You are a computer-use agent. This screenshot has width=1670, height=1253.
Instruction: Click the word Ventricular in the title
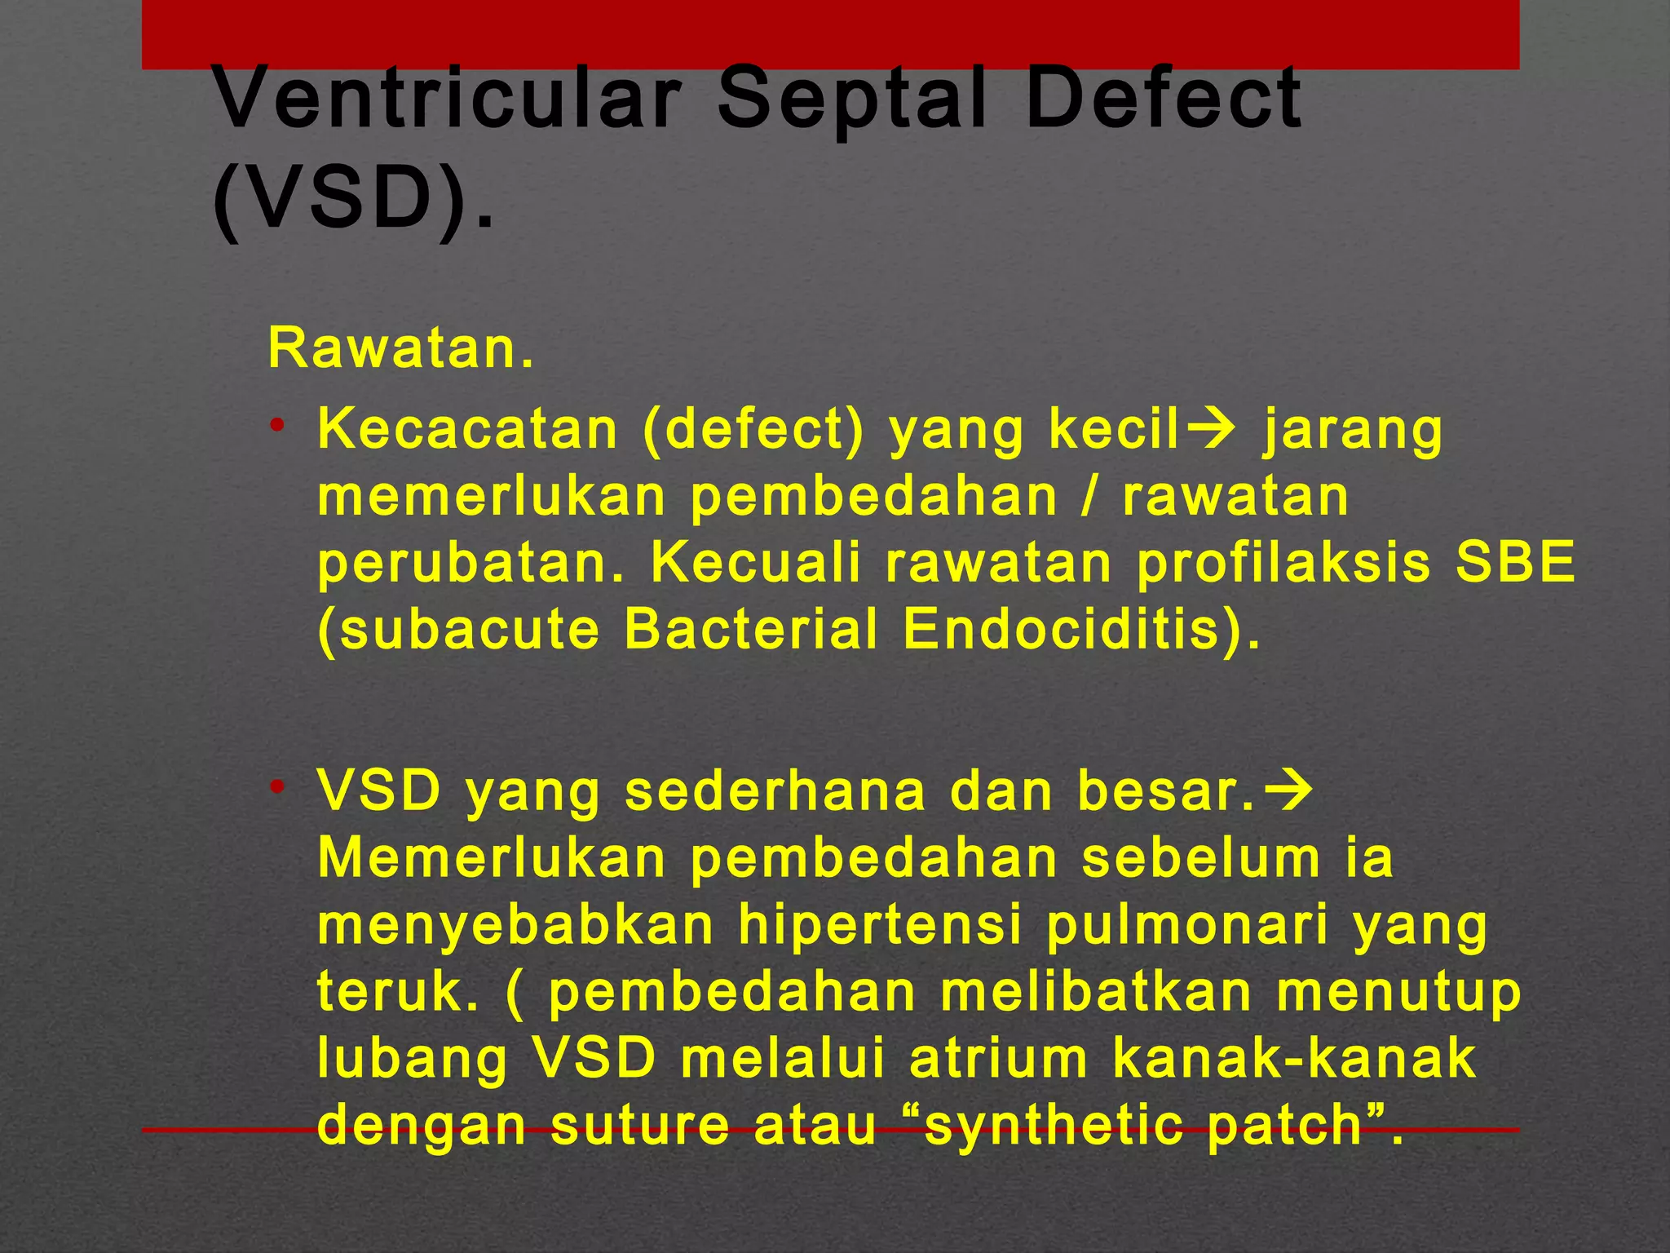click(447, 100)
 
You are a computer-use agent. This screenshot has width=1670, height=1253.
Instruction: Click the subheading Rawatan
click(400, 349)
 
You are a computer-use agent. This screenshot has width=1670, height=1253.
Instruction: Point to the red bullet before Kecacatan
click(278, 424)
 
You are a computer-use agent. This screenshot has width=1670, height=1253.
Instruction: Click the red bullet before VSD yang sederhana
click(278, 786)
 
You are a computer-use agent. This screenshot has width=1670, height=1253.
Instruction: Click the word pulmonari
click(1186, 926)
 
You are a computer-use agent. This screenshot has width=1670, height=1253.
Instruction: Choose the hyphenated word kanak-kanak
click(1294, 1060)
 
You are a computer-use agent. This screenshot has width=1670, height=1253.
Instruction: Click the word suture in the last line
click(640, 1127)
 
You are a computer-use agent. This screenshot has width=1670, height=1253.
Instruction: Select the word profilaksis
click(1283, 563)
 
